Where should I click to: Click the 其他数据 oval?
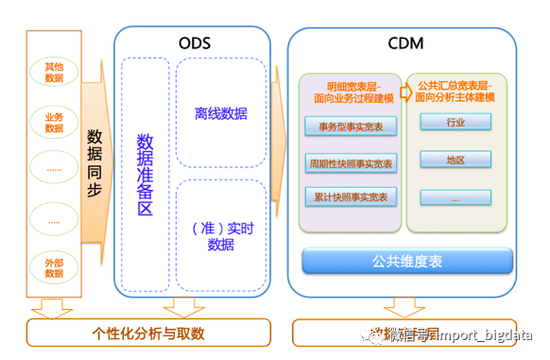(54, 73)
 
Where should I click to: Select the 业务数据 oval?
(54, 122)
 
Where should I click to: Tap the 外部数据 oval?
(54, 266)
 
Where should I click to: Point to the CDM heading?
(405, 43)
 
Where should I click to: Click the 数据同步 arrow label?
(95, 162)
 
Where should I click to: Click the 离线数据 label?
(221, 114)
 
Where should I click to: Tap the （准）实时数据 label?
(220, 235)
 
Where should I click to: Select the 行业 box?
(455, 123)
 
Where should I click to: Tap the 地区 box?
(455, 160)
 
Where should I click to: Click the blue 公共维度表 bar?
(407, 260)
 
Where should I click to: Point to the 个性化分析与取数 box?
(148, 333)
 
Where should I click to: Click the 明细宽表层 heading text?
(351, 92)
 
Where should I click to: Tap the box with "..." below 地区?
(455, 197)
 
